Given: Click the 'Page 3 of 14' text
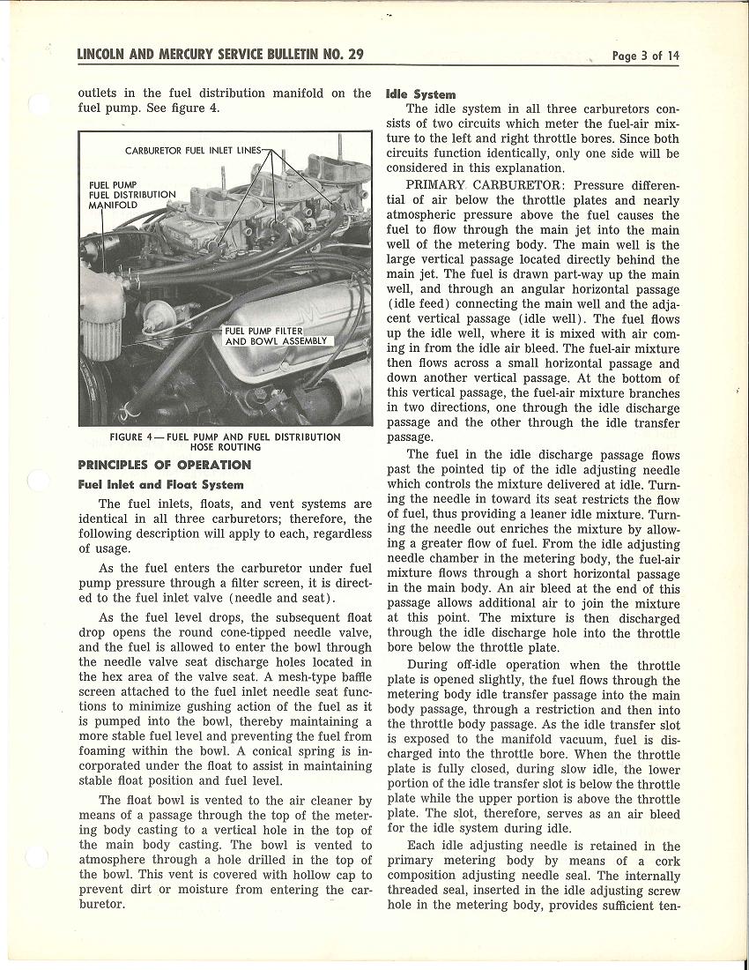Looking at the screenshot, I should pos(646,56).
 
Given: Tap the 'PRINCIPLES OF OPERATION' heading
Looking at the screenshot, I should pos(164,465).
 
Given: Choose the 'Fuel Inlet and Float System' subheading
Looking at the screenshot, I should pos(160,484).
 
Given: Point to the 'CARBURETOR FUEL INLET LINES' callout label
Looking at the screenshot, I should pos(193,151).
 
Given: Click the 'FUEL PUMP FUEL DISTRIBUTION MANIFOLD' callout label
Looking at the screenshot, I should pos(132,195).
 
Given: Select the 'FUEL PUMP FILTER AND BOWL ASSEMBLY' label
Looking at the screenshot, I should pos(275,336).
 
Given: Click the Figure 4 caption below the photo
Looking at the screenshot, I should pos(225,442).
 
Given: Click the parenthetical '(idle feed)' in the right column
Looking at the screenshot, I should pos(420,304).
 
